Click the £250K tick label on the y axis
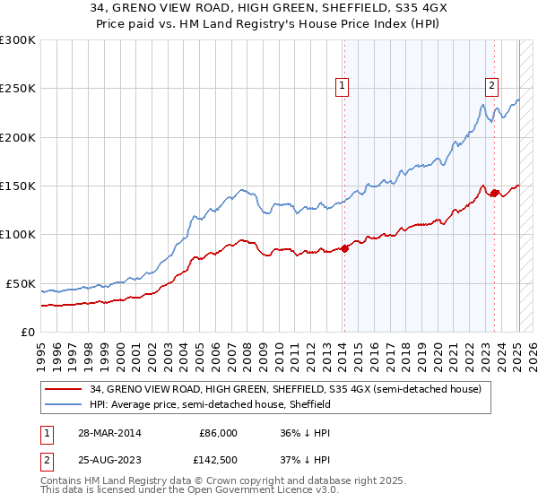(17, 89)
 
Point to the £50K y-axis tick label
(21, 283)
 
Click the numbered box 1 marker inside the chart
(343, 86)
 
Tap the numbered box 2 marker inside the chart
(492, 86)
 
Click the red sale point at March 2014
(345, 248)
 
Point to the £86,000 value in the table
(219, 432)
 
